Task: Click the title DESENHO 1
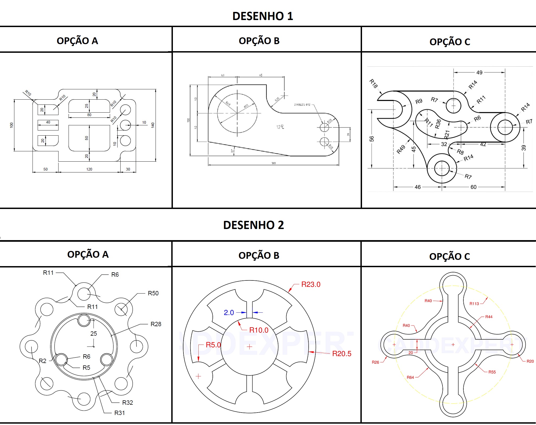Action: (263, 16)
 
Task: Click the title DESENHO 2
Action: (253, 225)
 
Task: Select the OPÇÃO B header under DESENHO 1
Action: (259, 41)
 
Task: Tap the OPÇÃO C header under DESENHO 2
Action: (450, 256)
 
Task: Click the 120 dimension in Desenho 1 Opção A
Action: (89, 169)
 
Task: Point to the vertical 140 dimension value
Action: (153, 125)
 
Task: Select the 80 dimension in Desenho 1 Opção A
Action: (89, 115)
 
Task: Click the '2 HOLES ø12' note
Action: (302, 104)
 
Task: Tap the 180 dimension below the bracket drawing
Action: (273, 163)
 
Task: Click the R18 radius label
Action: (373, 84)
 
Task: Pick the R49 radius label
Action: (401, 149)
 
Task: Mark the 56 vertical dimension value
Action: (372, 139)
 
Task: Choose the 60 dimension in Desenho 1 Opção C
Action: (473, 187)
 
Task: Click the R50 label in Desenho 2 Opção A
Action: (153, 293)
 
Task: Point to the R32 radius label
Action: (127, 403)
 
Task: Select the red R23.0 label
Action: (311, 285)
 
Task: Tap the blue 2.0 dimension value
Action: (229, 313)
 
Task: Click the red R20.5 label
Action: (342, 354)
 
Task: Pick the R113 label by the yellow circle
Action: (474, 304)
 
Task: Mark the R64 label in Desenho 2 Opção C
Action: (410, 377)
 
